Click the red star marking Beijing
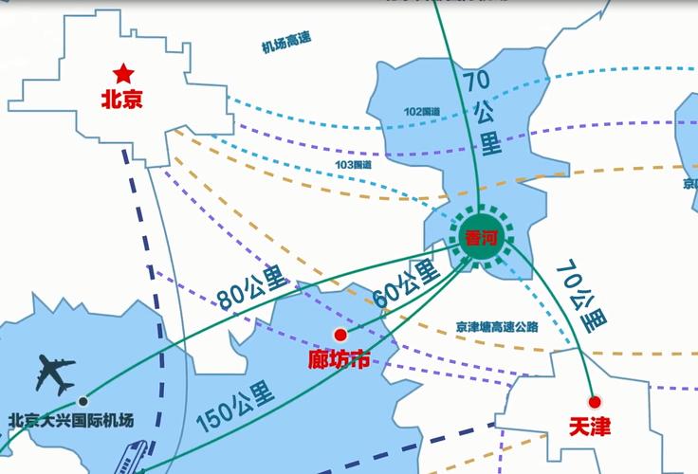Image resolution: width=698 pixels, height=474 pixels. [x=123, y=73]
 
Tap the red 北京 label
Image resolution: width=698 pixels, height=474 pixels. [x=122, y=98]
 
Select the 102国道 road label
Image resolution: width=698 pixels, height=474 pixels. [x=422, y=111]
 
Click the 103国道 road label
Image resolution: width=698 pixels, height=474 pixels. [x=353, y=164]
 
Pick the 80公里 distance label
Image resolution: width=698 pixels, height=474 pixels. [x=251, y=287]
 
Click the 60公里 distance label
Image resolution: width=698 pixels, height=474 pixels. [x=407, y=282]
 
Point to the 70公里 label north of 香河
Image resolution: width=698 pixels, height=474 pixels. [x=484, y=112]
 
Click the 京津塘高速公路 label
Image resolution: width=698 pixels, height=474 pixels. [x=496, y=326]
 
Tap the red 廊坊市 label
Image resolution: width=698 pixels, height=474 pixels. [x=340, y=359]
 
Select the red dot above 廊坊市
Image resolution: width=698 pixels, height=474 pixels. [x=340, y=335]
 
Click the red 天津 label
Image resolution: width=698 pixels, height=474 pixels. [x=590, y=427]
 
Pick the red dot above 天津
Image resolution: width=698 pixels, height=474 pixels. [x=595, y=402]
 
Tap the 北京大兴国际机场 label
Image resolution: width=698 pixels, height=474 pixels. [x=71, y=421]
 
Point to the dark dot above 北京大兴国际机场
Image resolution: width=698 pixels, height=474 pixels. [x=83, y=401]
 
